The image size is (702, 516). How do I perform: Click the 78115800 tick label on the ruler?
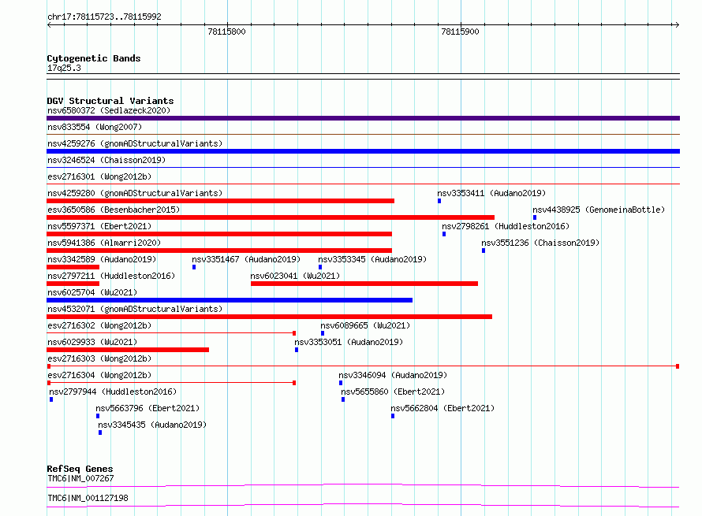pos(226,32)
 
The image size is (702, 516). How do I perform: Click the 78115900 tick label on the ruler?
pos(460,32)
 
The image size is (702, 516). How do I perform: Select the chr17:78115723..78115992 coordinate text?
pos(104,17)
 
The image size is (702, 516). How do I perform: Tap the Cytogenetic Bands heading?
pos(94,58)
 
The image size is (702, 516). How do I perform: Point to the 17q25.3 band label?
pos(64,68)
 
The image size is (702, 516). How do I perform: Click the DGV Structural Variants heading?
pos(110,101)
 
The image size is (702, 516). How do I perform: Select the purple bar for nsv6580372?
pos(363,118)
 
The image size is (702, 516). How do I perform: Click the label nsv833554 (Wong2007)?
pos(95,127)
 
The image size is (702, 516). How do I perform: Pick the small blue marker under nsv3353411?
pos(439,201)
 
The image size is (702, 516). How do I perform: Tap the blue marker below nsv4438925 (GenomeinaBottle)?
pos(535,217)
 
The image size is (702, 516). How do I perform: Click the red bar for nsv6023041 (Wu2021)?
pos(364,284)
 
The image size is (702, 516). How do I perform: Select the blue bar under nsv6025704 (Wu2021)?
pos(230,300)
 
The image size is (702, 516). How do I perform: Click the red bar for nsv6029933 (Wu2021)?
pos(128,350)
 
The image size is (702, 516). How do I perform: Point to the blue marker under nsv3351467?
pos(194,267)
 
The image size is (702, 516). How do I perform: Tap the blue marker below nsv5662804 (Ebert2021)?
pos(393,416)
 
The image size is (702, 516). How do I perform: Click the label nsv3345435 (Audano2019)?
pos(152,425)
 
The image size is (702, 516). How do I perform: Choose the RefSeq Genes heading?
pos(80,469)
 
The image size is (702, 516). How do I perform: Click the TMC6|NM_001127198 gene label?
pos(88,498)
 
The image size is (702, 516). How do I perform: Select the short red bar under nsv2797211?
pos(73,284)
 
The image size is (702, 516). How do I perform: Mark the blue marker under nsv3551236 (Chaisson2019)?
pos(484,251)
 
